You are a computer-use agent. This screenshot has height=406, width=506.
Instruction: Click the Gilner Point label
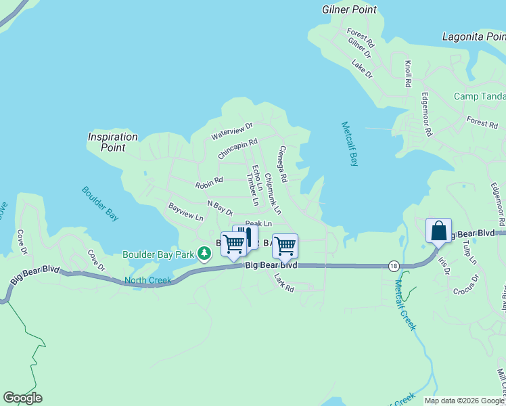[x=348, y=9]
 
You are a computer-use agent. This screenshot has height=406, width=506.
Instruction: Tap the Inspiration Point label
[x=113, y=141]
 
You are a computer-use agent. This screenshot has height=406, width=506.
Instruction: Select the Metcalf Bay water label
[x=349, y=143]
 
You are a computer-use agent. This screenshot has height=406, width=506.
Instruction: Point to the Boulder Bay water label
[x=101, y=203]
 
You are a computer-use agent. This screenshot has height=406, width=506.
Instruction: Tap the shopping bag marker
[x=438, y=231]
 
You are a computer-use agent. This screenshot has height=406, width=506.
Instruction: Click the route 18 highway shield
[x=393, y=266]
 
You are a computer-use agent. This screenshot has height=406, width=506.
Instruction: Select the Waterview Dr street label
[x=232, y=131]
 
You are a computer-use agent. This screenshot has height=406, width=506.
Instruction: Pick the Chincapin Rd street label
[x=238, y=150]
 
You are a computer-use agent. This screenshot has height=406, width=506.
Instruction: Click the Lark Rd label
[x=284, y=282]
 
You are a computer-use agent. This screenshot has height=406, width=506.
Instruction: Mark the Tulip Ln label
[x=470, y=252]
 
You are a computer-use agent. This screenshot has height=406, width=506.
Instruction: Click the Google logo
[x=22, y=398]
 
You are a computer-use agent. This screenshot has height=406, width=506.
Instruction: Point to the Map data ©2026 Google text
[x=463, y=401]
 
